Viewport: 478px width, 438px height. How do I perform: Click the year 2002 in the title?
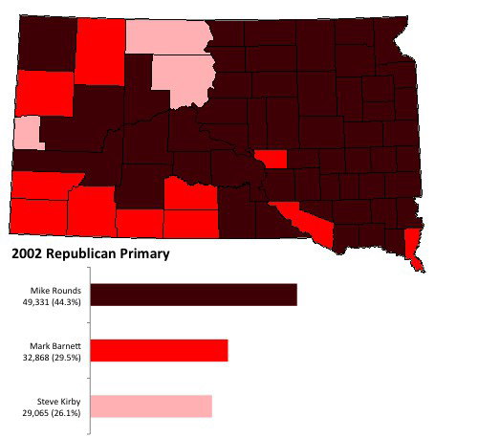27,255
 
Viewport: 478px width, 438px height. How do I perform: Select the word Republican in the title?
82,255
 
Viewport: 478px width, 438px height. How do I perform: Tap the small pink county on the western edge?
28,132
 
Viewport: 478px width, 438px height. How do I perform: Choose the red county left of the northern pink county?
98,50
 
